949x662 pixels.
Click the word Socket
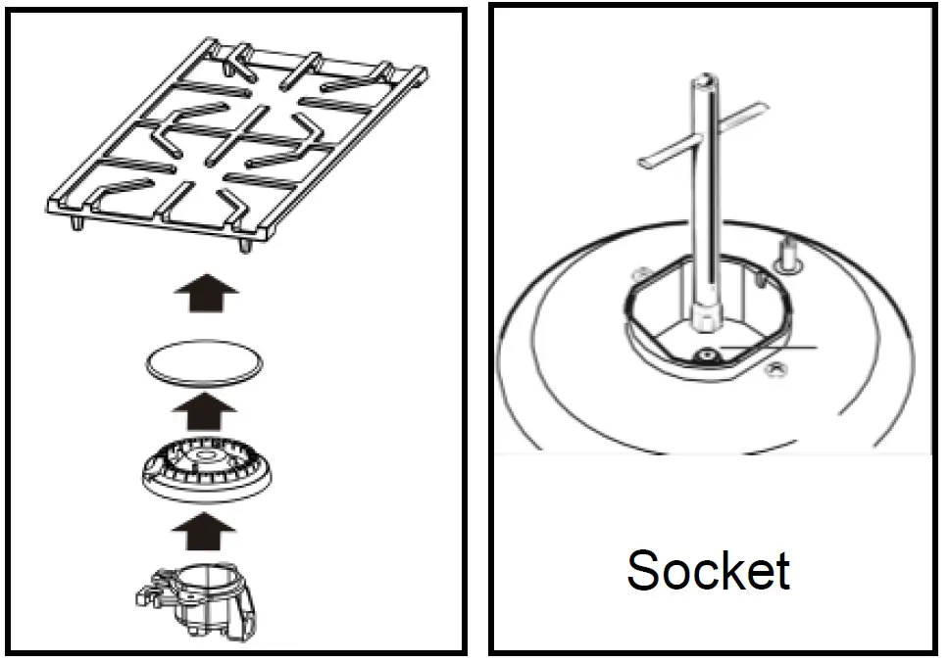(x=708, y=570)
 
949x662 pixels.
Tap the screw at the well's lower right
(x=777, y=368)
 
